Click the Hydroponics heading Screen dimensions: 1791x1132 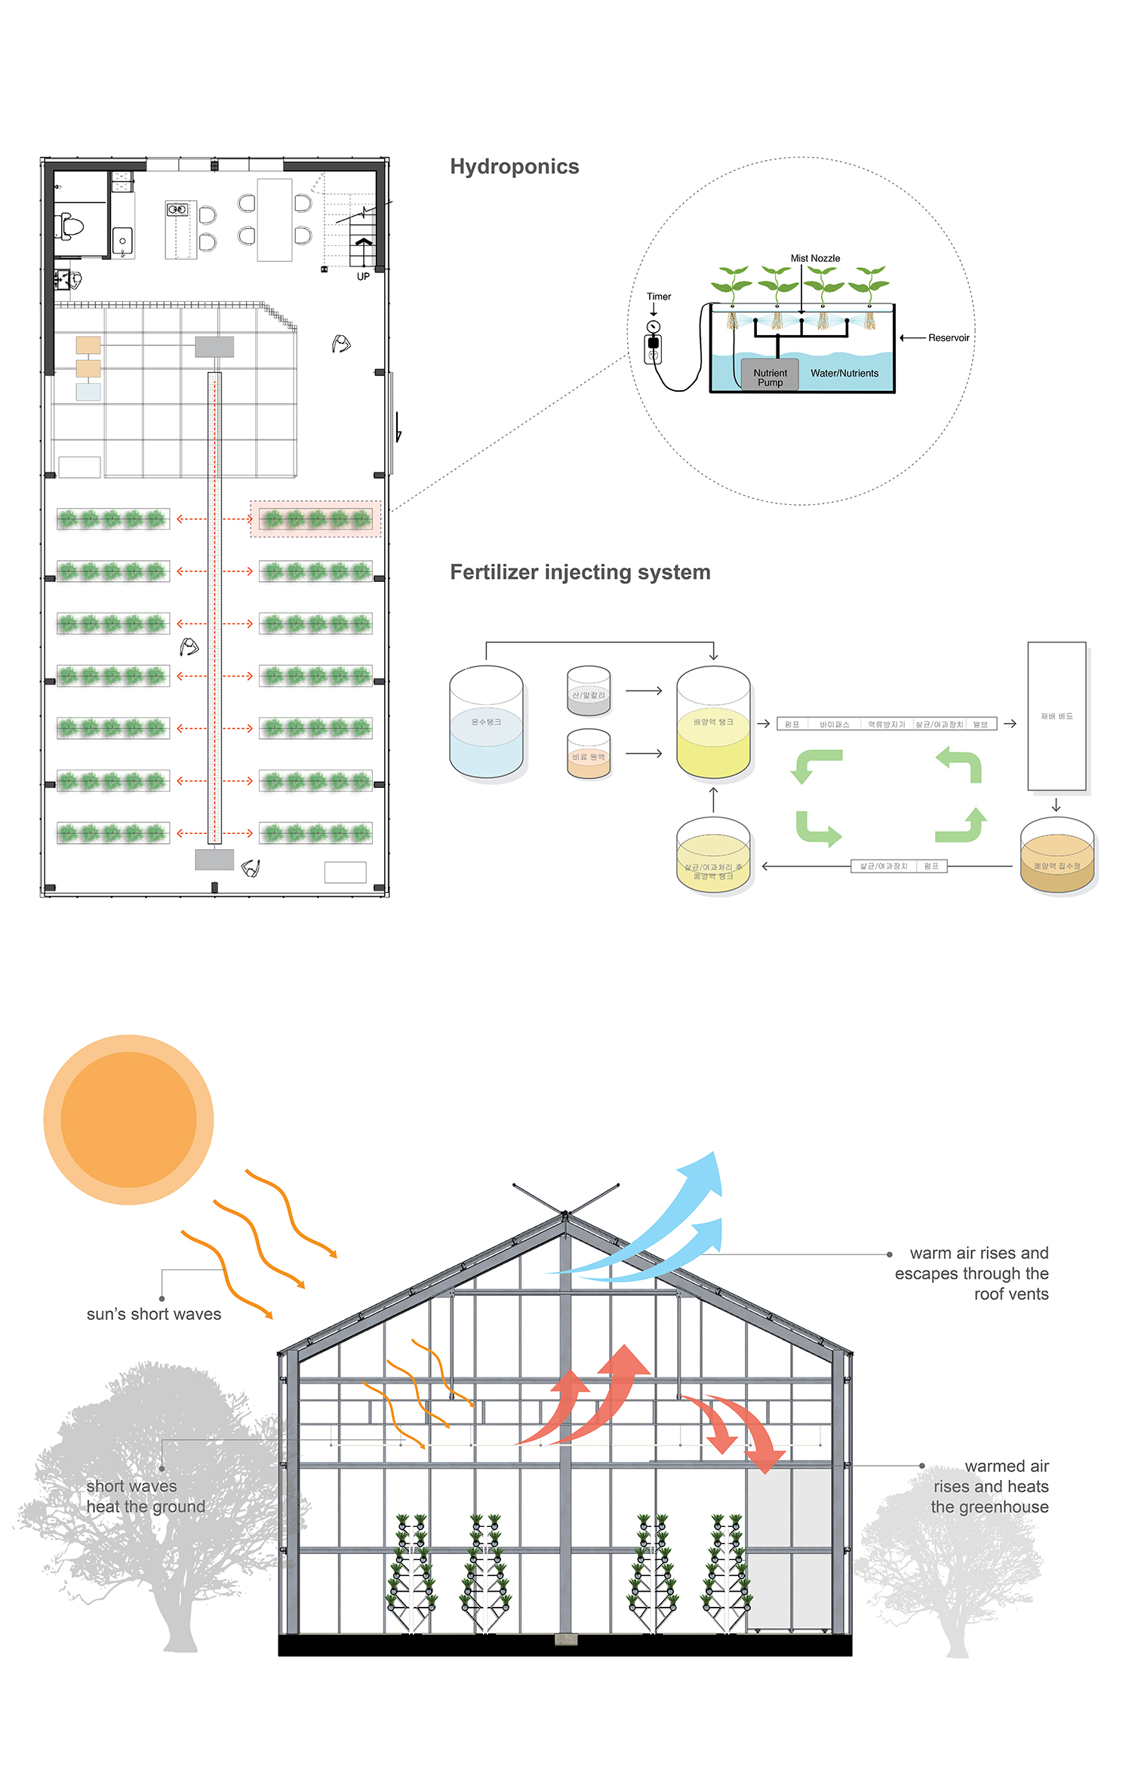point(514,167)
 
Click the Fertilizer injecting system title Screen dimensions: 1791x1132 point(580,572)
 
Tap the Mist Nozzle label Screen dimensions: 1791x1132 point(815,258)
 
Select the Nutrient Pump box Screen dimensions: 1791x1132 point(770,377)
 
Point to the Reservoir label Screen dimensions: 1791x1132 point(948,338)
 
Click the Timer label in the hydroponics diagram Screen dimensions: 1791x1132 point(658,297)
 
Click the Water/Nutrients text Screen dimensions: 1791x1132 point(844,374)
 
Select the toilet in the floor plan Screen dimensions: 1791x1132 point(70,226)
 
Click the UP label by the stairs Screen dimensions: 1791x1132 point(363,277)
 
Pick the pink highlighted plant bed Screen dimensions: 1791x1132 point(315,519)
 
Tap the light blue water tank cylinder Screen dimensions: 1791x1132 point(486,723)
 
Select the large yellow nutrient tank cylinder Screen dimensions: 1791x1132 point(713,723)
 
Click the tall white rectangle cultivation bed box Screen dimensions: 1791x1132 point(1057,715)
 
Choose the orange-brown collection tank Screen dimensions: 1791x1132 point(1057,857)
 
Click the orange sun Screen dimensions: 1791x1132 point(128,1119)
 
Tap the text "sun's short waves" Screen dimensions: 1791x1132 point(154,1314)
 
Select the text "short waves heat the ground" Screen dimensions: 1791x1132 point(145,1496)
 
